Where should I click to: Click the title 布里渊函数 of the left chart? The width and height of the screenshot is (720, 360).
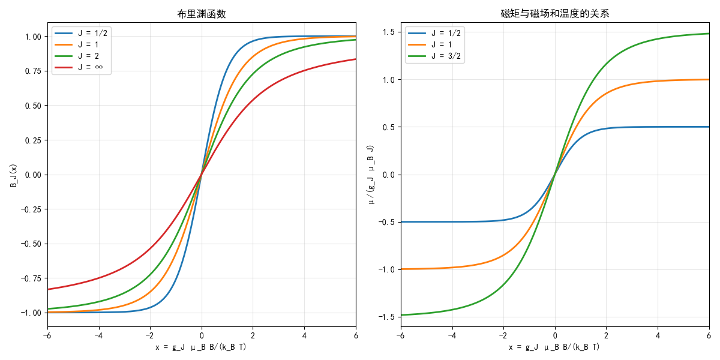(x=202, y=14)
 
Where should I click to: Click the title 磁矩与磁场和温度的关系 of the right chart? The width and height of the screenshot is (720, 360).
(x=555, y=14)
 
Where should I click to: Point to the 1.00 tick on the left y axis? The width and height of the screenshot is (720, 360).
(x=34, y=37)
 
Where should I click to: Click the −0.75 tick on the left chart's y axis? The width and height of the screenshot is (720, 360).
(x=31, y=278)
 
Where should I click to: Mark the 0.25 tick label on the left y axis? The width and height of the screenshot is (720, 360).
(x=34, y=140)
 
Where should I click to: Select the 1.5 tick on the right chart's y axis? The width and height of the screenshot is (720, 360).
(x=389, y=32)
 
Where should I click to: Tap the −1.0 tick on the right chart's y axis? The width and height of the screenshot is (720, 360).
(x=387, y=269)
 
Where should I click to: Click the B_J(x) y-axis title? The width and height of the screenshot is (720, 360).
(x=13, y=175)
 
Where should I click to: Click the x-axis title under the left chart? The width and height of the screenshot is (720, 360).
(x=202, y=347)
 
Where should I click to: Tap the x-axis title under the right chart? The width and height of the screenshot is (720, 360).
(x=555, y=347)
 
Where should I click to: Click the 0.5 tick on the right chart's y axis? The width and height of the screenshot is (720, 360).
(x=389, y=127)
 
